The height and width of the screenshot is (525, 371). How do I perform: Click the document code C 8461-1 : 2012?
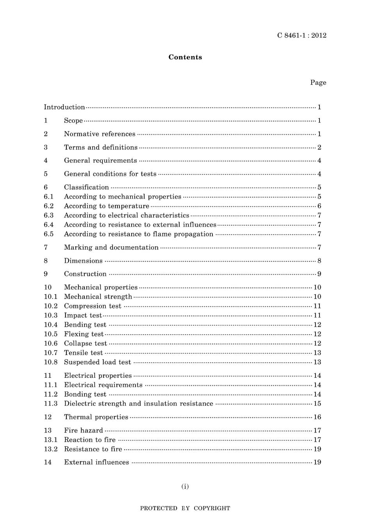point(301,35)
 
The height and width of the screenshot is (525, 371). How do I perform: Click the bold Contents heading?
point(185,57)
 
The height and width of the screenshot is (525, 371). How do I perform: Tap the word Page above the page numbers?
point(318,82)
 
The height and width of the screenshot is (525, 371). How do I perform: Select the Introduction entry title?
point(64,107)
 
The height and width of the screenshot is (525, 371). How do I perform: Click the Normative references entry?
point(100,134)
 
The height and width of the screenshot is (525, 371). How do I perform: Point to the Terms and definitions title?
point(101,147)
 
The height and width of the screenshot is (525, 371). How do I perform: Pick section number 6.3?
point(49,215)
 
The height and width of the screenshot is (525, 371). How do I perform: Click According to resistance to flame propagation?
point(139,234)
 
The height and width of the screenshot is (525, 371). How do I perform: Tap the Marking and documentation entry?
point(111,247)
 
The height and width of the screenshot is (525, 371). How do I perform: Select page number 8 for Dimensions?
point(319,261)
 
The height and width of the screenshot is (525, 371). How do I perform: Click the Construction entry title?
point(85,274)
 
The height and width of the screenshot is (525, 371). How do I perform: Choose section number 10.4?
point(50,324)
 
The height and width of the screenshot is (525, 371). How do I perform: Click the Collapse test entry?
point(85,343)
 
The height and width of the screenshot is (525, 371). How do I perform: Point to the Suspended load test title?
point(98,362)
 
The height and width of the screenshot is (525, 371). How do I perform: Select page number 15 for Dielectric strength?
point(317,404)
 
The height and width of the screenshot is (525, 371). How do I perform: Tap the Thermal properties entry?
point(96,417)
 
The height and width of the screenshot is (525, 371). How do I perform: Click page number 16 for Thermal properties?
point(317,417)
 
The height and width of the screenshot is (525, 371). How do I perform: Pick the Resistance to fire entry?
point(93,449)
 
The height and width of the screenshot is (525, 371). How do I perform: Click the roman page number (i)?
point(185,486)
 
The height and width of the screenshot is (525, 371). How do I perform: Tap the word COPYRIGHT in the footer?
point(212,508)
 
